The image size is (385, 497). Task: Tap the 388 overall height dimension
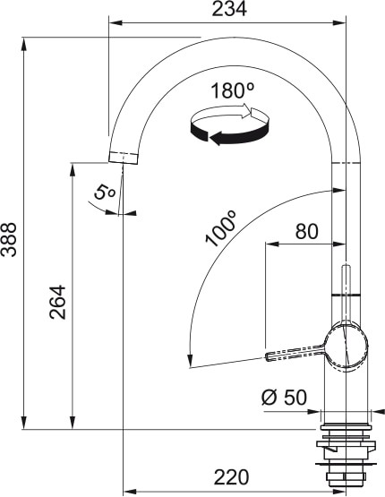[10, 239]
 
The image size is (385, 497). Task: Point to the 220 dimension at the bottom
[231, 477]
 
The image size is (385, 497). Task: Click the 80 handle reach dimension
[306, 231]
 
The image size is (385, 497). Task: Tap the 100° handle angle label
[219, 229]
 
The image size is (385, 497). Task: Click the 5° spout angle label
[105, 191]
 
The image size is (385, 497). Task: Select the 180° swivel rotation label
[233, 90]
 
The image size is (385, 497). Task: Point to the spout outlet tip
[124, 159]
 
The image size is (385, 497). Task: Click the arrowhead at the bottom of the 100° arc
[189, 362]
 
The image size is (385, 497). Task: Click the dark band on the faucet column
[346, 294]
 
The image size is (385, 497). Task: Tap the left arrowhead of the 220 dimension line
[127, 491]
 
